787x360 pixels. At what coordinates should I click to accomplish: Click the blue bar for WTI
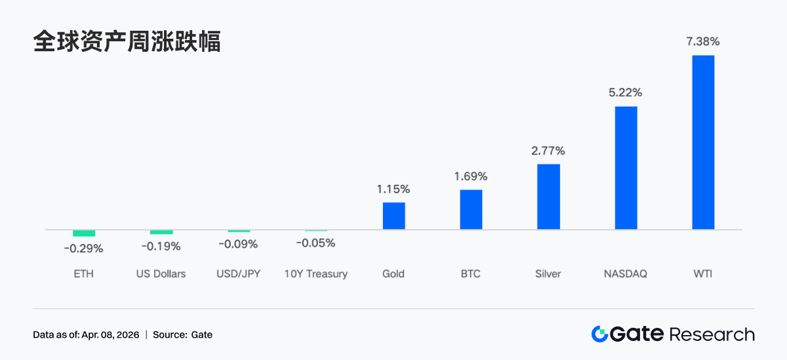[x=703, y=142]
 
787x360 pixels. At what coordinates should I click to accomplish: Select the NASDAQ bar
[x=626, y=168]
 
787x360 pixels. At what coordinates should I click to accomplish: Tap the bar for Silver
[x=548, y=197]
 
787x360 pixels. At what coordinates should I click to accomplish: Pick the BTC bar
[x=471, y=210]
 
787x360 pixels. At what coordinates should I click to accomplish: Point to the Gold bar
[x=393, y=216]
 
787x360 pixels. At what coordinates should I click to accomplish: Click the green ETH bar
[x=84, y=233]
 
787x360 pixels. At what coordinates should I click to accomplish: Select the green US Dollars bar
[x=161, y=232]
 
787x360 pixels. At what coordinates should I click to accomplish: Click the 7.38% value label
[x=703, y=41]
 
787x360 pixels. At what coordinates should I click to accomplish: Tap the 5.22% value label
[x=626, y=92]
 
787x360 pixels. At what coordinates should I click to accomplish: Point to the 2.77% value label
[x=548, y=151]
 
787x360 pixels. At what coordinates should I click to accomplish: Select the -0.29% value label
[x=83, y=249]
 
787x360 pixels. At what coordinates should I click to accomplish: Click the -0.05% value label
[x=315, y=243]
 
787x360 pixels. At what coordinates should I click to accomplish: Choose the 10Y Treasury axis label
[x=315, y=273]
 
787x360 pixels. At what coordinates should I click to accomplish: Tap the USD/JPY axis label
[x=239, y=273]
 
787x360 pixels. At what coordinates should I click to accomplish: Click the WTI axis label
[x=703, y=273]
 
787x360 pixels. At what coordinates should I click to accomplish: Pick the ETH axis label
[x=84, y=273]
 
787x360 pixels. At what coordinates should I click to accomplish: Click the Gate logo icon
[x=599, y=334]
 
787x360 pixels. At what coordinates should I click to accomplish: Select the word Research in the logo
[x=712, y=334]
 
